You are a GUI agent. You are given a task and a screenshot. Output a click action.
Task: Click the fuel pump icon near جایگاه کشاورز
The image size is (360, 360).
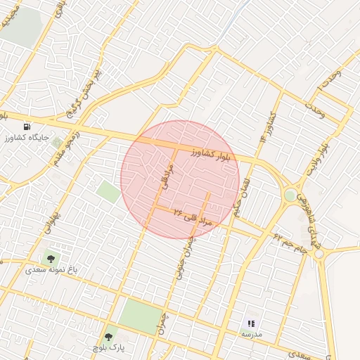[27, 126]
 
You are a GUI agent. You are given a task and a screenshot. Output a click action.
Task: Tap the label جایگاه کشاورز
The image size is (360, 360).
[26, 138]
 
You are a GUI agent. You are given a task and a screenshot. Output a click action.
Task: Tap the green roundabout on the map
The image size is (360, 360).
[290, 195]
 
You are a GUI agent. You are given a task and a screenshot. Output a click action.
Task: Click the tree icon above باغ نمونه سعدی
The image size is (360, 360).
[51, 256]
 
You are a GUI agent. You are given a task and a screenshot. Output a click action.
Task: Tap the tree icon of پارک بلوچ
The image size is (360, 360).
[107, 337]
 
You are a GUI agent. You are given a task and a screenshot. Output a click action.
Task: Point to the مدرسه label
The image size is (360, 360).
[251, 335]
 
